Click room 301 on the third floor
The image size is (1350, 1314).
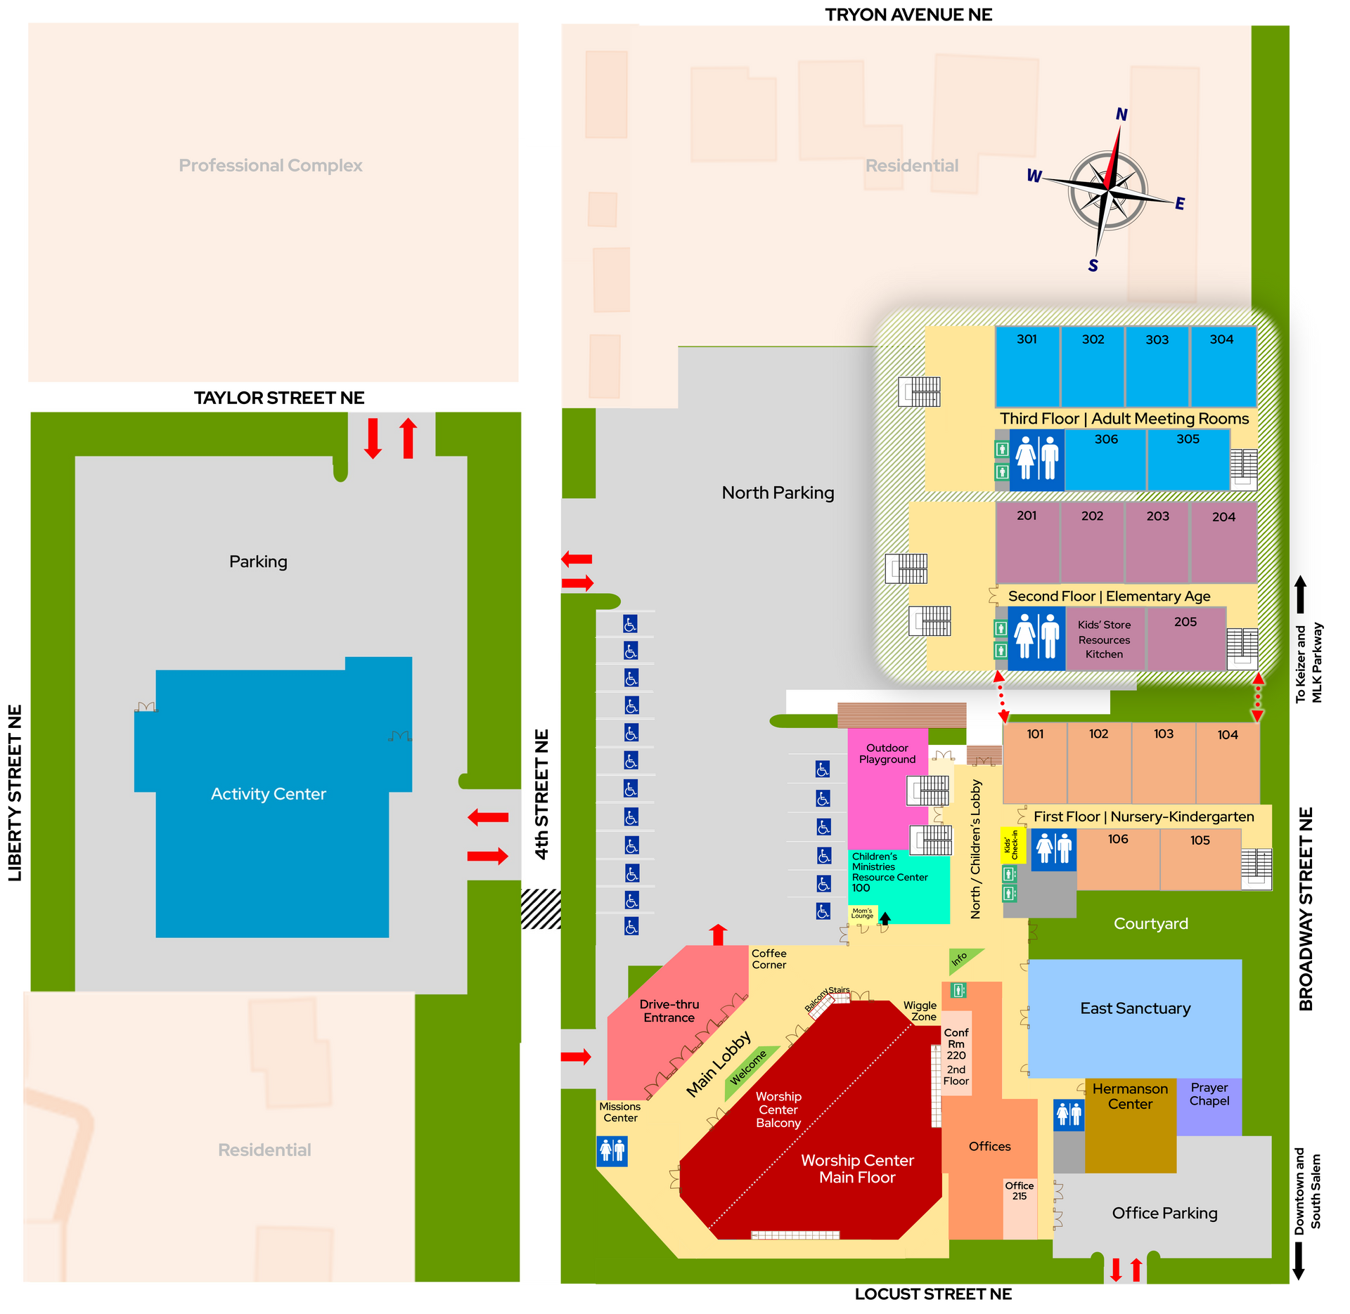[1027, 366]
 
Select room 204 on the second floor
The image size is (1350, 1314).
[1223, 542]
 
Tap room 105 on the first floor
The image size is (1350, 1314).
[1200, 859]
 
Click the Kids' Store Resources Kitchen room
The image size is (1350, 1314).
[1105, 639]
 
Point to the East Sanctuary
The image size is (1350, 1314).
[1135, 1018]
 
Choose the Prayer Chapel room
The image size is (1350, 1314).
[1209, 1107]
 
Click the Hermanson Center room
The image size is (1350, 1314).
[1130, 1125]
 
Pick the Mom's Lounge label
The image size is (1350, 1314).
[862, 913]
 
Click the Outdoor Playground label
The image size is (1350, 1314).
[887, 753]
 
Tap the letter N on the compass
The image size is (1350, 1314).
[1121, 115]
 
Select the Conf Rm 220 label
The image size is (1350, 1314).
[956, 1043]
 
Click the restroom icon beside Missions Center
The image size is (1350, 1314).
[612, 1151]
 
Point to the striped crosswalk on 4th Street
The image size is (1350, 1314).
[541, 909]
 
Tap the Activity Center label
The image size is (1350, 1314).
[269, 794]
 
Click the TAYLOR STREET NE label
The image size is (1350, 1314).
[279, 398]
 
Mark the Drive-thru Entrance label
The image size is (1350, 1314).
[669, 1010]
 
